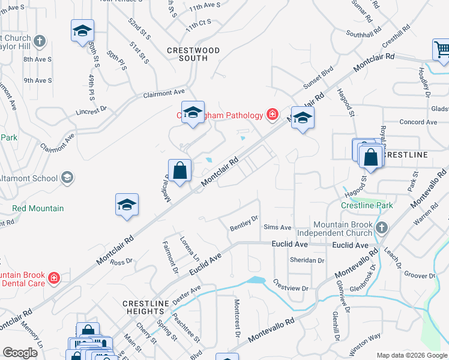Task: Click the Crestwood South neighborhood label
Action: point(193,54)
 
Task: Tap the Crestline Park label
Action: point(367,205)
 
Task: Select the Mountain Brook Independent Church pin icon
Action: point(380,228)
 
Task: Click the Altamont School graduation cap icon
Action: point(67,178)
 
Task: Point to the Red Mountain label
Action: point(38,208)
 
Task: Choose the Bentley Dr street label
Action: point(244,223)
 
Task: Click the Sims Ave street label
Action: point(277,228)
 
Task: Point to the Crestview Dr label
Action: point(290,285)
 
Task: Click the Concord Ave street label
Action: point(418,122)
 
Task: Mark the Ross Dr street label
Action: point(121,262)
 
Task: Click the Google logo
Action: point(20,353)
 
